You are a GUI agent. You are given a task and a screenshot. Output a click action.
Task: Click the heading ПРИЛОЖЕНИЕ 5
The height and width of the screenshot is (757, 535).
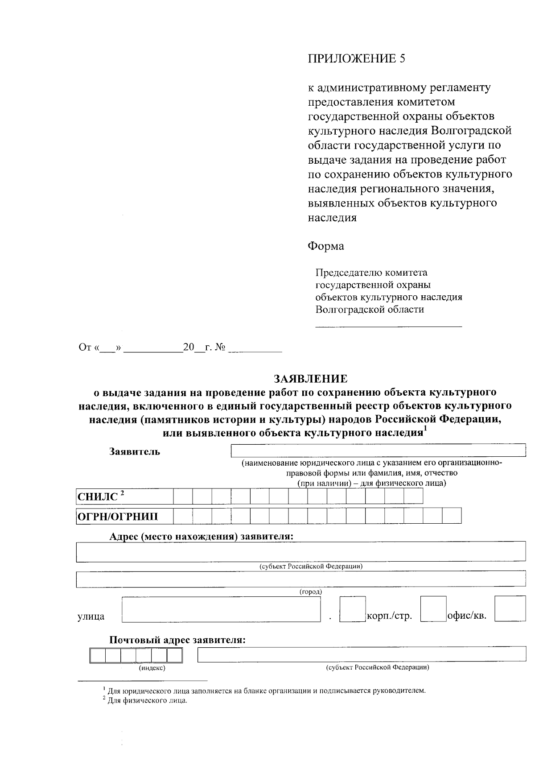click(x=357, y=59)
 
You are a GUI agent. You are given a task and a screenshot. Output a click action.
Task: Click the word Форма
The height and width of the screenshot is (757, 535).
click(x=325, y=246)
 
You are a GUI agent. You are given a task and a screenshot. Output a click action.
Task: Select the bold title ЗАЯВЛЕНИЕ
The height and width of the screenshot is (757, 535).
click(x=310, y=379)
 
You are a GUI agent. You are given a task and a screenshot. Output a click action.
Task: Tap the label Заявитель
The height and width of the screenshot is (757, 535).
click(x=135, y=451)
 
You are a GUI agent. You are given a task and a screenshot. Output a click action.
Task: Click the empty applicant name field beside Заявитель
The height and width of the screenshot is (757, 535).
click(x=378, y=451)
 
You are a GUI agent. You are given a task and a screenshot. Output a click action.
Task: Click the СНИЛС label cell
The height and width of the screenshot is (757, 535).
click(x=124, y=496)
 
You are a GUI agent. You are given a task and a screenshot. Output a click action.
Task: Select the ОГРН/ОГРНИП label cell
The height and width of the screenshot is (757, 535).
click(x=124, y=517)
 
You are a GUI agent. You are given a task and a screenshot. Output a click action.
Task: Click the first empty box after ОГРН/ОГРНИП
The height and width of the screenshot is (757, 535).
click(x=183, y=516)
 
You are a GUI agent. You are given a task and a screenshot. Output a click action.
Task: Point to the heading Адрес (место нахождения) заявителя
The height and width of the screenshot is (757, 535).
click(x=202, y=536)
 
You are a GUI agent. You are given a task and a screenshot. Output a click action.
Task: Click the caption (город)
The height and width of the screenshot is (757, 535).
click(x=310, y=592)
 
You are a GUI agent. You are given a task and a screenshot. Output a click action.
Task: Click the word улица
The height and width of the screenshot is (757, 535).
click(x=91, y=616)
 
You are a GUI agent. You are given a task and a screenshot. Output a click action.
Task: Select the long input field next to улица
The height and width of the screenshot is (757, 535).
click(x=221, y=610)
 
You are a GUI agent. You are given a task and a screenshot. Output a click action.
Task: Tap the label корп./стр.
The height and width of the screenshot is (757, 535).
click(x=389, y=616)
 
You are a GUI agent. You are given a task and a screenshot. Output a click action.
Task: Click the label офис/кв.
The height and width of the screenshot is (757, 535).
click(x=466, y=616)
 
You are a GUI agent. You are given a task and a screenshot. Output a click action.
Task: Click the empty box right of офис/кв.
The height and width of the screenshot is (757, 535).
click(x=510, y=609)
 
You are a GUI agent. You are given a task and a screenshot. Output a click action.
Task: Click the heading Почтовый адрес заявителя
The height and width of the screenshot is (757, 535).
click(x=178, y=640)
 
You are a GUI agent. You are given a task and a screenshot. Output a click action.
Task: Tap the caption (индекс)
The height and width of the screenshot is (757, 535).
click(x=152, y=668)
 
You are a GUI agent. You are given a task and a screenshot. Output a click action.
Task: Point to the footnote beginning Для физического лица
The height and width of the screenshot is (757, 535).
click(x=145, y=700)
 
